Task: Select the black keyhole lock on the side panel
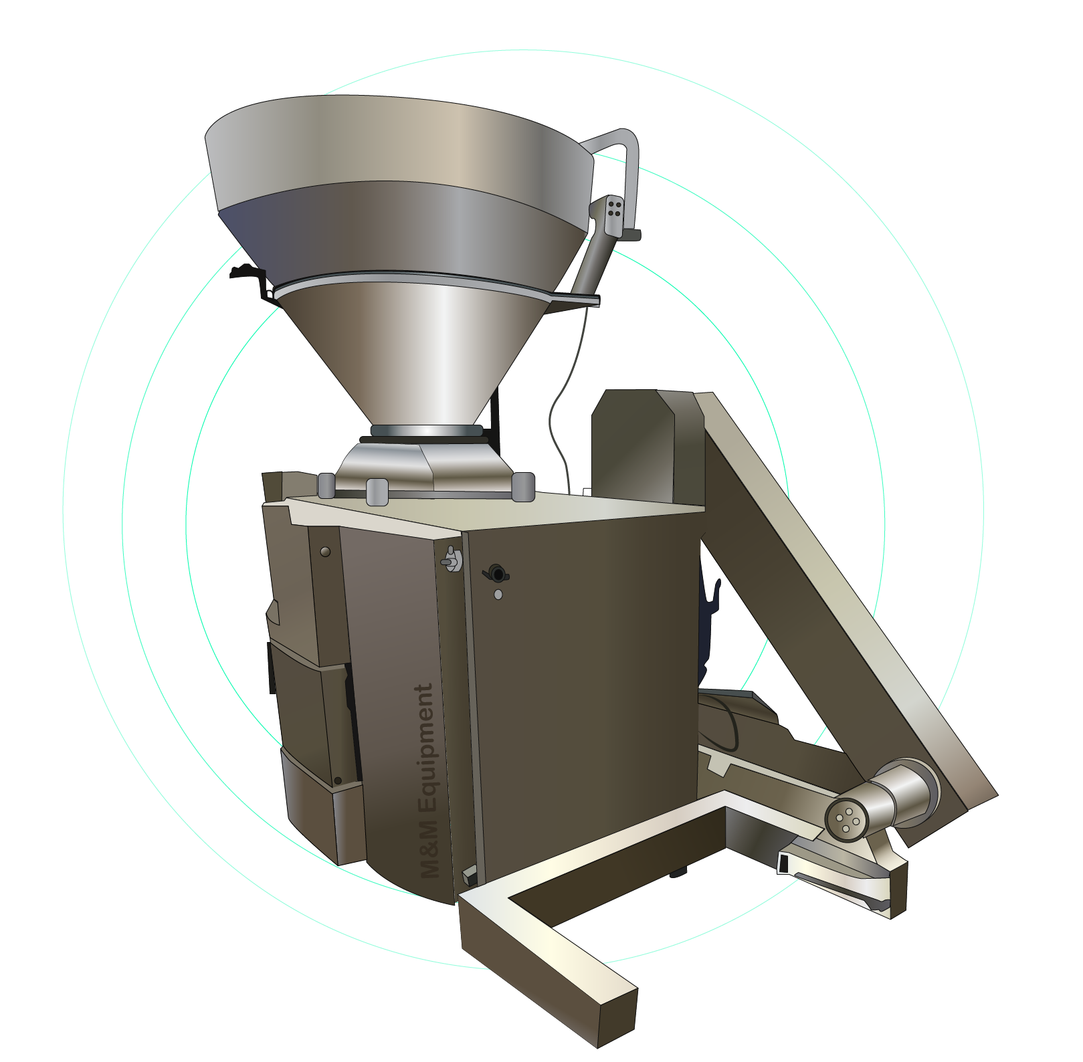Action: pyautogui.click(x=496, y=573)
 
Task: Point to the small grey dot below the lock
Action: pyautogui.click(x=498, y=594)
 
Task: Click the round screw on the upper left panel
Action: pyautogui.click(x=326, y=552)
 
